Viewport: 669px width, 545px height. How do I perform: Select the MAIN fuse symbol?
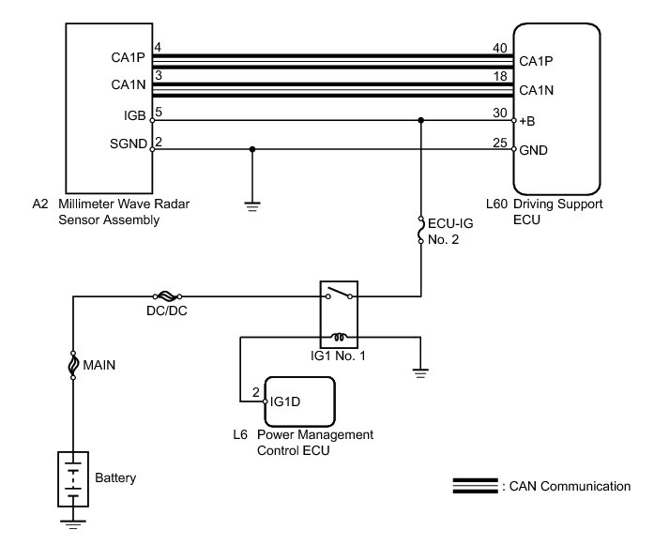point(72,365)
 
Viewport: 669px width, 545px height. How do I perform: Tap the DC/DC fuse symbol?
point(170,294)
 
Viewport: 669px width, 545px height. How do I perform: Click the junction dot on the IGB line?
point(421,120)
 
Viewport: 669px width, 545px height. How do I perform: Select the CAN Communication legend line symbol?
point(475,486)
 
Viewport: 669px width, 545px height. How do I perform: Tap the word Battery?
point(115,478)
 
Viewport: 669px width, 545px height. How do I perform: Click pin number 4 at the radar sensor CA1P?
point(158,48)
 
